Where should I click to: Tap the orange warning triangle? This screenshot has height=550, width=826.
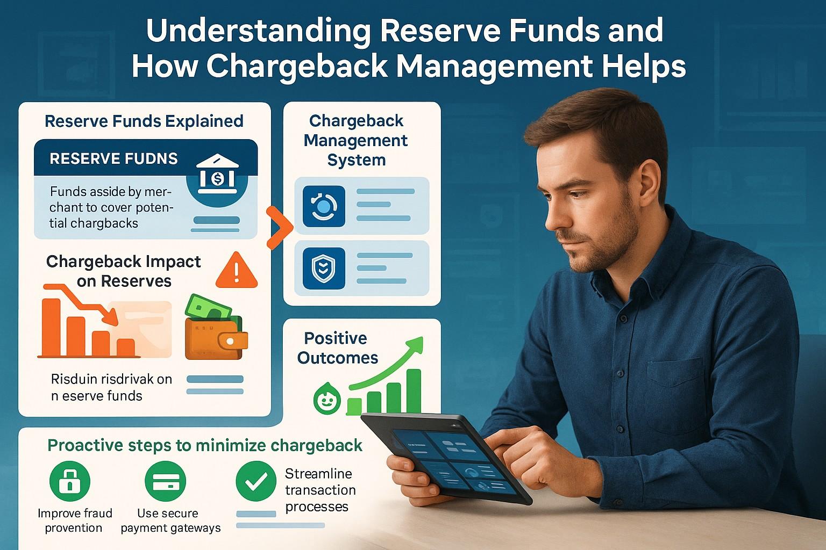236,271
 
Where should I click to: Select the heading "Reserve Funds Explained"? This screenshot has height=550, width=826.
144,121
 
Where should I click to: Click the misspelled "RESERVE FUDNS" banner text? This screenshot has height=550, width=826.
113,158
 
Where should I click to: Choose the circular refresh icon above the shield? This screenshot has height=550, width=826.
324,206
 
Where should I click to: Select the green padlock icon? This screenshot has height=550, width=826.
70,481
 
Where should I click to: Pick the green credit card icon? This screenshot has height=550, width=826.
166,481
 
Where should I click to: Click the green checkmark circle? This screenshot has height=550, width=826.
257,481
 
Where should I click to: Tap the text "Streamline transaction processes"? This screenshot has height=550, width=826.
320,490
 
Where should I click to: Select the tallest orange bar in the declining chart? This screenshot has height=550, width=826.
51,327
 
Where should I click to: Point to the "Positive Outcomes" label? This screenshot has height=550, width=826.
337,348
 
